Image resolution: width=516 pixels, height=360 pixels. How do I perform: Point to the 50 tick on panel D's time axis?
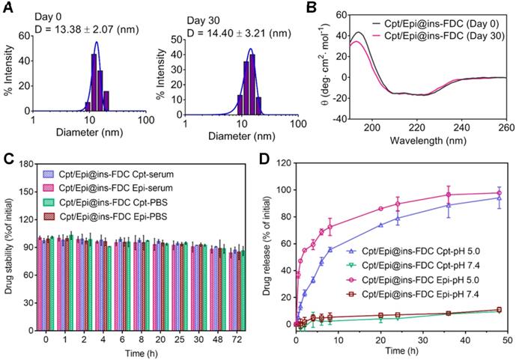point(507,339)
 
